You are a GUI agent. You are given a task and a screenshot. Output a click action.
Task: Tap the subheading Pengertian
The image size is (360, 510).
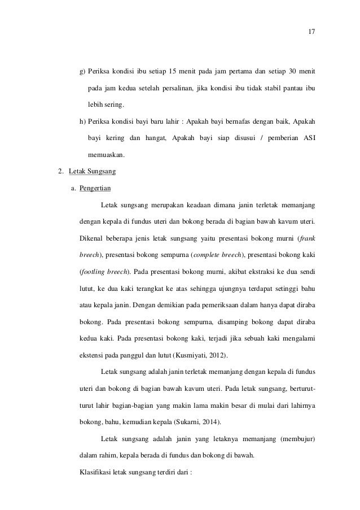click(95, 188)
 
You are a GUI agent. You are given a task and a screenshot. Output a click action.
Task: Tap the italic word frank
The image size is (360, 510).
click(307, 237)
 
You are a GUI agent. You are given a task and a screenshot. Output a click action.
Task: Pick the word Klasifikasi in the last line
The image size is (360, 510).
click(95, 470)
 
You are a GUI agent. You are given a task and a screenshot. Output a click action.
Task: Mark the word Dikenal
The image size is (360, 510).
click(93, 238)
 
